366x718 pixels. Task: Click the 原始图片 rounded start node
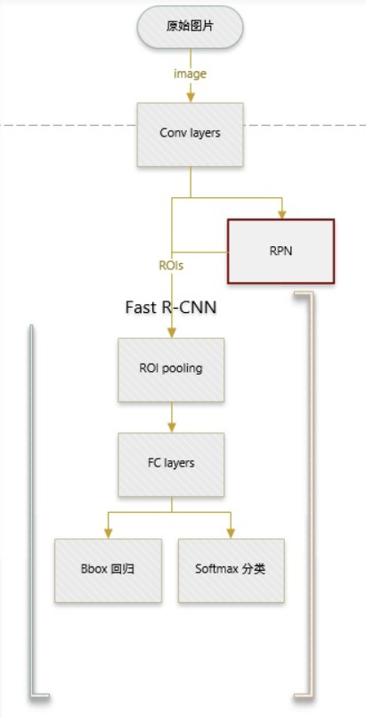tap(190, 27)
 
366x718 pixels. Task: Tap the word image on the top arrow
tap(190, 74)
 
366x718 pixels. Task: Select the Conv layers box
tap(190, 134)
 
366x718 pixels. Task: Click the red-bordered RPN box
tap(281, 252)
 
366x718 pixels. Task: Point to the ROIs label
tap(171, 266)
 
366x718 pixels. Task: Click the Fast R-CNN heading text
tap(171, 307)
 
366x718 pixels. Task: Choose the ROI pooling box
tap(171, 369)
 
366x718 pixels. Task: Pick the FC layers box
tap(171, 465)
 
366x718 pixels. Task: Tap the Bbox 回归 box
tap(109, 570)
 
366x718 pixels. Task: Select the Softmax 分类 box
tap(232, 570)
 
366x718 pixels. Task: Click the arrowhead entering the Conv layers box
tap(191, 97)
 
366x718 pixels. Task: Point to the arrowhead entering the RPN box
tap(282, 214)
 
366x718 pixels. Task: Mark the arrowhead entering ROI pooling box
tap(171, 333)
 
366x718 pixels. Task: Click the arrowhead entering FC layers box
tap(171, 428)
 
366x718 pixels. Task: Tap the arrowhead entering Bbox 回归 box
tap(109, 533)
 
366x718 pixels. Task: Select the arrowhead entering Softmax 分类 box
tap(231, 533)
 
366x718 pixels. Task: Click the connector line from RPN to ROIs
tap(199, 252)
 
